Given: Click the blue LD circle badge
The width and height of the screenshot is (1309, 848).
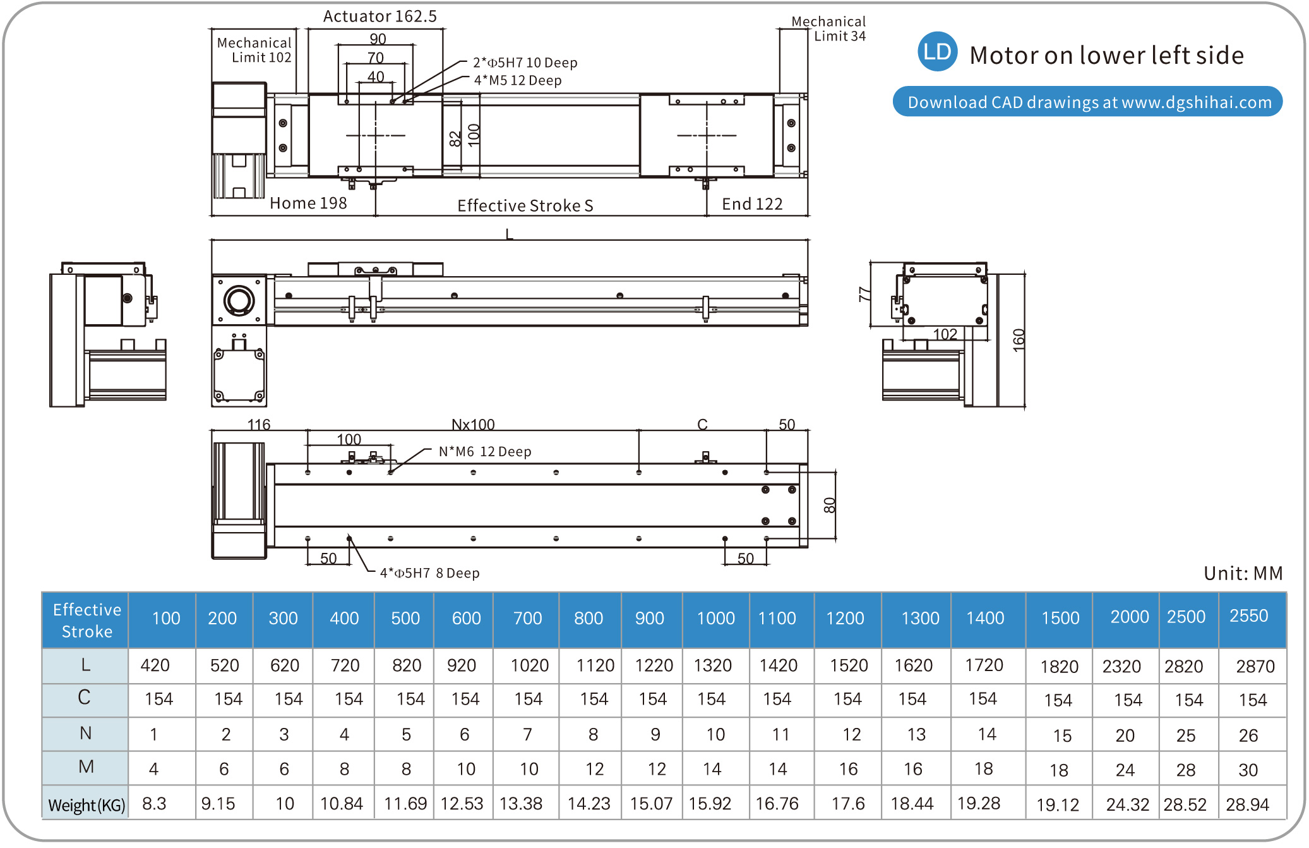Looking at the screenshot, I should click(937, 52).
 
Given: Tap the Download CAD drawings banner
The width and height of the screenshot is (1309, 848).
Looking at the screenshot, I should click(1087, 102).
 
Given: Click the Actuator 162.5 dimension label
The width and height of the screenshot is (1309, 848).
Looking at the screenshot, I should click(380, 16).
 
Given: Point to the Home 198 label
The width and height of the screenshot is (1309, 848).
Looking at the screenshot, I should click(308, 203).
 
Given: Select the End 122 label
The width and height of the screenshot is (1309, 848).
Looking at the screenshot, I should click(752, 203).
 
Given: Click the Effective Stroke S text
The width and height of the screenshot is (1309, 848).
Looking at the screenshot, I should click(525, 205).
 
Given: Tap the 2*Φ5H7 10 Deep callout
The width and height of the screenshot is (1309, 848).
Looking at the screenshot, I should click(525, 63).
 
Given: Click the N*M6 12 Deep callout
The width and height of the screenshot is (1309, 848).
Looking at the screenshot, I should click(485, 451).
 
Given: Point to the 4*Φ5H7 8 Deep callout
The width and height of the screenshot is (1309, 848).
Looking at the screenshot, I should click(429, 572).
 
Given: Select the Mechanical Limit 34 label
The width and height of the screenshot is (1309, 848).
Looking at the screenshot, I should click(828, 29).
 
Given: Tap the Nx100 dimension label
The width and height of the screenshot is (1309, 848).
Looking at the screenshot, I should click(473, 424).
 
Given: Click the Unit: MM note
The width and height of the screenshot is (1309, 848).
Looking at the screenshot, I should click(1243, 572).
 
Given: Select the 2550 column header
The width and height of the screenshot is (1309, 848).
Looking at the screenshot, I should click(1248, 616).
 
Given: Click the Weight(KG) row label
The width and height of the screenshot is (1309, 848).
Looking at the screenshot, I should click(87, 804).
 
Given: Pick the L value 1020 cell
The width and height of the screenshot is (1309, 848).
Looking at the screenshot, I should click(529, 665).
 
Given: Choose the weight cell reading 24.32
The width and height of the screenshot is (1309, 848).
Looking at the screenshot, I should click(1127, 804).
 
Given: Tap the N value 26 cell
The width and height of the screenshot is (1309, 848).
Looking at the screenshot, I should click(1248, 735).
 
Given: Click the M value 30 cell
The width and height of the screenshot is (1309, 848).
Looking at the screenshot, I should click(1248, 770).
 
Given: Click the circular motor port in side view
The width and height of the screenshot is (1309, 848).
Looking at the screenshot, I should click(239, 300).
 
